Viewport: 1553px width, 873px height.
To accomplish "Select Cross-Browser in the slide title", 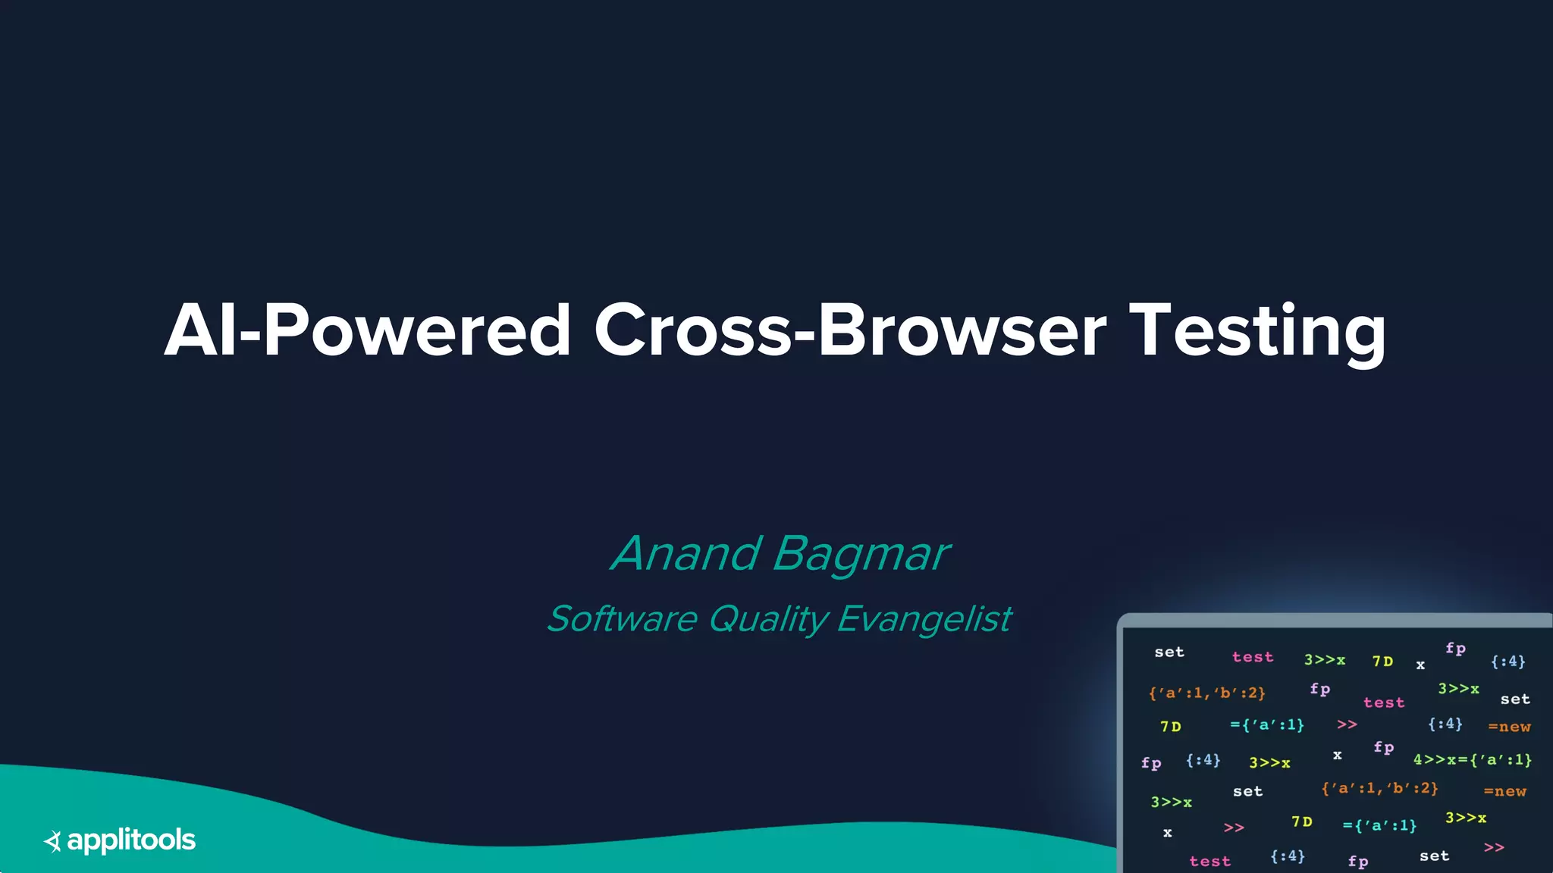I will tap(849, 330).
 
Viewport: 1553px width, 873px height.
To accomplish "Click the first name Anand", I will tap(686, 553).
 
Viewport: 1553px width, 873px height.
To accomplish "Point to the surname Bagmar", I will tap(860, 553).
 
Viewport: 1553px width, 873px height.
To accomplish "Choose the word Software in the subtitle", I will tap(622, 618).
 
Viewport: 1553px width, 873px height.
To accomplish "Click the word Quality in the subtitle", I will tap(767, 618).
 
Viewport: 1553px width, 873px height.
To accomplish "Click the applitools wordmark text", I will tap(131, 840).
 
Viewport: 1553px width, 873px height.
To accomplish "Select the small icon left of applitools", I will tap(52, 840).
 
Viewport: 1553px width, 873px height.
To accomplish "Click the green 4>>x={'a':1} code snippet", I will tap(1472, 759).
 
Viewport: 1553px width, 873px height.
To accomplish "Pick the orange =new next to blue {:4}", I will tap(1508, 727).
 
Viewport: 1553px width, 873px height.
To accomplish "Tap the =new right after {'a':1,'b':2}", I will tap(1504, 791).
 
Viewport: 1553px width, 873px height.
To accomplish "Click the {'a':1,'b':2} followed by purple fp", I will tap(1206, 693).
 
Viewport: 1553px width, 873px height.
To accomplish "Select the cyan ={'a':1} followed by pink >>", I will tap(1266, 725).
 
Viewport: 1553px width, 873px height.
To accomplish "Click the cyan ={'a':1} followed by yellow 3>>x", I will tap(1379, 825).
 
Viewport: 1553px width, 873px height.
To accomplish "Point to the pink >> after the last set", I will tap(1493, 847).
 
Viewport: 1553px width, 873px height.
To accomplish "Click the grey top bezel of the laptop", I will tap(1335, 620).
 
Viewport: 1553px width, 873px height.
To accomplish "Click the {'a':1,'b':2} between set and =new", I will tap(1379, 788).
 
